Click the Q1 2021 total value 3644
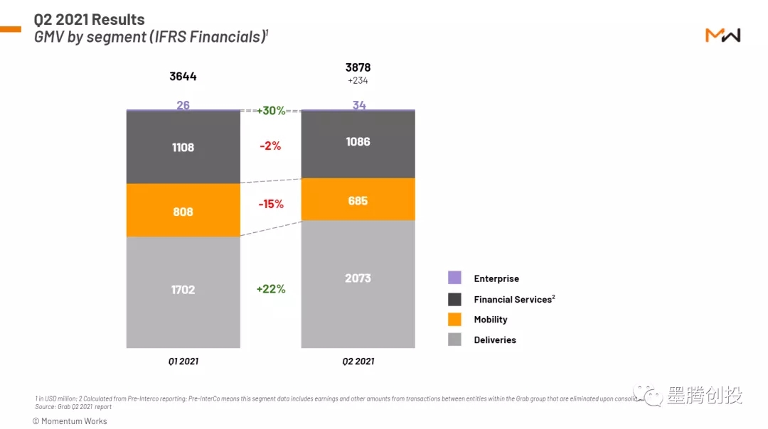pos(183,77)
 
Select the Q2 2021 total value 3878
pos(358,67)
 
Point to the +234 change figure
pos(358,81)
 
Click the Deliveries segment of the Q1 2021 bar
pos(183,291)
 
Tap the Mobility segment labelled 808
pos(183,211)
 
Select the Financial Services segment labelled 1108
pos(183,148)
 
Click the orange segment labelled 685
pos(358,200)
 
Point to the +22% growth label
pos(271,289)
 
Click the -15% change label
pos(271,204)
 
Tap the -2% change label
pos(271,146)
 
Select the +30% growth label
pos(271,111)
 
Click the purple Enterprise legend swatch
pos(455,278)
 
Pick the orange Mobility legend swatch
pos(455,320)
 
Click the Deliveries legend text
pos(495,340)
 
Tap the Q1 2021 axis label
pos(183,361)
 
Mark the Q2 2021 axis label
pos(358,361)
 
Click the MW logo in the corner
pos(722,36)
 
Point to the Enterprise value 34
pos(359,105)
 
